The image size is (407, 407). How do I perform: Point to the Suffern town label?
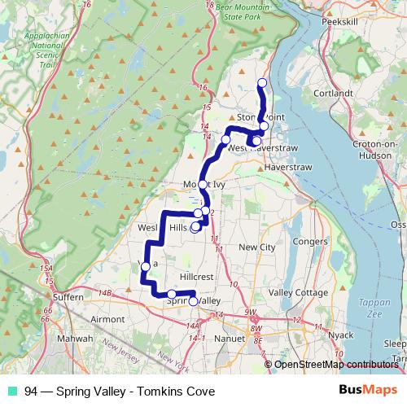click(x=67, y=298)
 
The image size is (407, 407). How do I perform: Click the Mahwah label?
click(x=74, y=338)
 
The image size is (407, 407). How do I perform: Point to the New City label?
click(x=258, y=247)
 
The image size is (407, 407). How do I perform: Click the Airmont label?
click(x=107, y=320)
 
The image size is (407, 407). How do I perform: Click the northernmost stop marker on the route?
click(x=262, y=83)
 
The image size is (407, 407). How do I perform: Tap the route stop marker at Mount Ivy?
click(x=203, y=185)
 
